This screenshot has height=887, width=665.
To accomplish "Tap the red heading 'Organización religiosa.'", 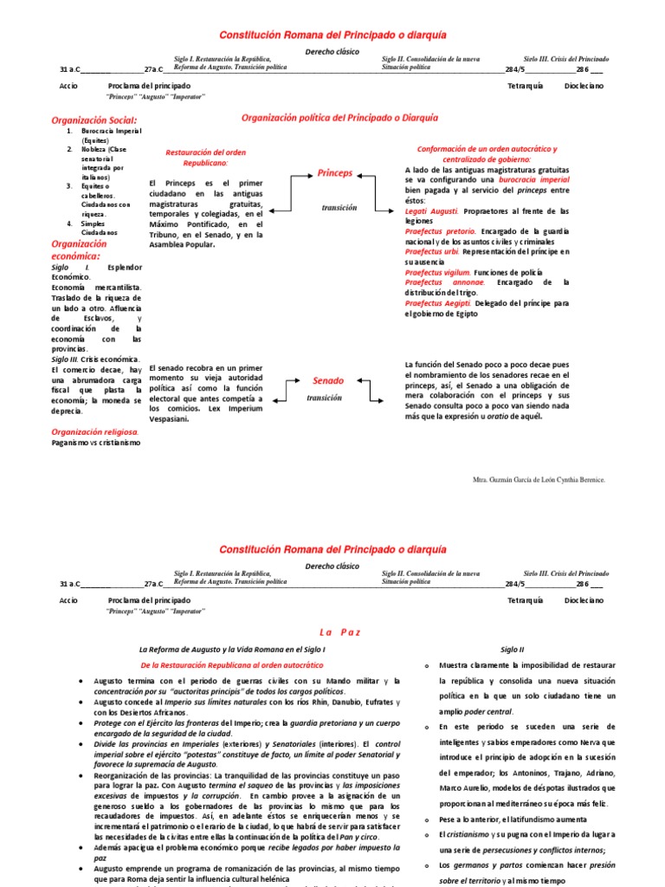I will pyautogui.click(x=95, y=431).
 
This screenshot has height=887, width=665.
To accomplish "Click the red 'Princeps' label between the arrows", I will pyautogui.click(x=335, y=173).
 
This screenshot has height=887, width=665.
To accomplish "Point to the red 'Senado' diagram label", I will pyautogui.click(x=328, y=380).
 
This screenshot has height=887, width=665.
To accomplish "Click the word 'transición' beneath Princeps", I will pyautogui.click(x=339, y=208).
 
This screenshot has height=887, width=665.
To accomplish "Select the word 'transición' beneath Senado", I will pyautogui.click(x=324, y=398).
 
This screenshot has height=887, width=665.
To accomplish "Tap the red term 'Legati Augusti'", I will pyautogui.click(x=434, y=210).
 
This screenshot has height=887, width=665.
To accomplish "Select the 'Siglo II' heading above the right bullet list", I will pyautogui.click(x=512, y=649).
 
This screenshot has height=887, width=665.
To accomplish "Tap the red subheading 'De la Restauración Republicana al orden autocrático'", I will pyautogui.click(x=231, y=665).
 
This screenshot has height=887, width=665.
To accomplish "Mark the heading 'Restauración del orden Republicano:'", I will pyautogui.click(x=206, y=157).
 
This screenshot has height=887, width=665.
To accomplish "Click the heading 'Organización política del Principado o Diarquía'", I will pyautogui.click(x=339, y=117).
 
